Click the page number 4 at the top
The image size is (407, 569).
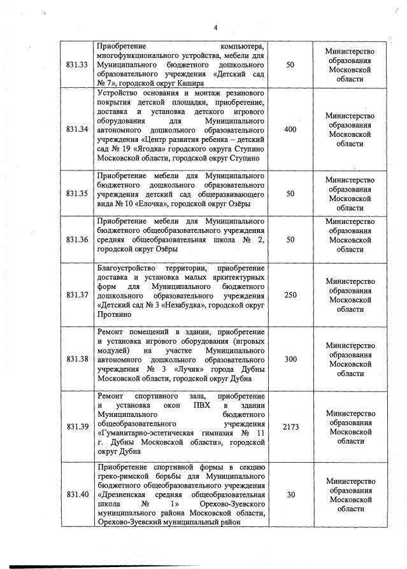coord(215,27)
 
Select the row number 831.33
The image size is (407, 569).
coord(76,65)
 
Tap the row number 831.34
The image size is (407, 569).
coord(76,129)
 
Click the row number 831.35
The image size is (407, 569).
coord(76,193)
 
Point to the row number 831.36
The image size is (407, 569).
coord(76,239)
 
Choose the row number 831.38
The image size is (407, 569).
coord(76,359)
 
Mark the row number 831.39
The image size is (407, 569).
coord(76,426)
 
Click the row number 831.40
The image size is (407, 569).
coord(76,495)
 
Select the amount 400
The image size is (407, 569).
coord(290,129)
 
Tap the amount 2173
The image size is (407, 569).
coord(290,426)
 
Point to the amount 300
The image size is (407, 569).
coord(290,359)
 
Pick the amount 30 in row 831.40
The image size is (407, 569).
coord(290,495)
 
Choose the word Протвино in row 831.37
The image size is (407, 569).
coord(114,314)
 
